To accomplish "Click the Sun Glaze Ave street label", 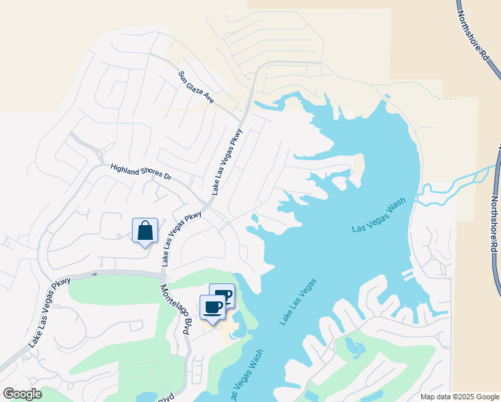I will pos(196,87).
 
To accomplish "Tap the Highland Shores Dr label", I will pos(141,172).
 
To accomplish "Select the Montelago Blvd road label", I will pos(173,308).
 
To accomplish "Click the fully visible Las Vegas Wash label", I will pos(379,218).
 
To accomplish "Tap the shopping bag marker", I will pos(145,232).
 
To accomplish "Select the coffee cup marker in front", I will pos(213,308).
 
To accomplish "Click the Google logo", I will pos(22,394).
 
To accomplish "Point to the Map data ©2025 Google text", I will pos(459,397).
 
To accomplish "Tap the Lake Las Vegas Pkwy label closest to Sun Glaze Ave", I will pos(227,161).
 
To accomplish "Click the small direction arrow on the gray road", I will pos(94,273).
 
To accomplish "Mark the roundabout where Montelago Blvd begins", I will pos(163,275).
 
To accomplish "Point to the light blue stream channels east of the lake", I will pos(462,184).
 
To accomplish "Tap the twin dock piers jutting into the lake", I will pos(407,275).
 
